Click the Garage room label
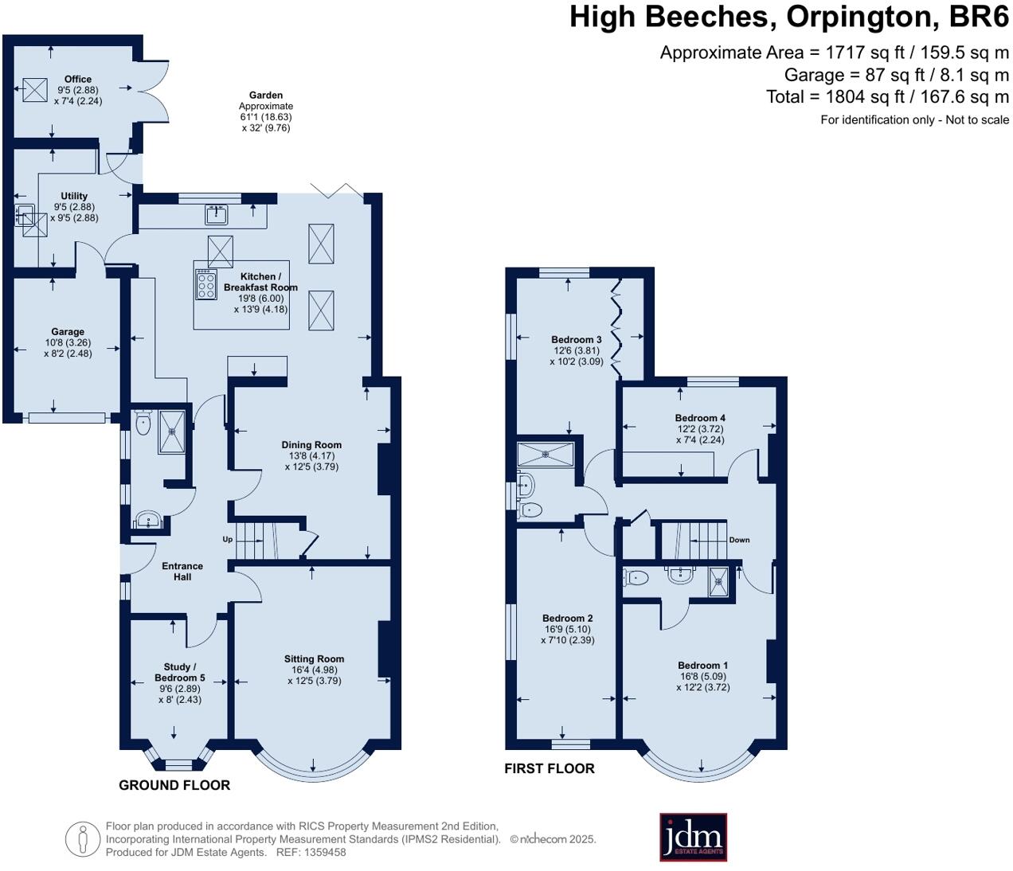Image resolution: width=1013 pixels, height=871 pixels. pyautogui.click(x=68, y=332)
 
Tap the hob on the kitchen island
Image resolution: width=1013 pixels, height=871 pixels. pyautogui.click(x=205, y=284)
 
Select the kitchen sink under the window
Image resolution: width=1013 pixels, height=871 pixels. pyautogui.click(x=217, y=213)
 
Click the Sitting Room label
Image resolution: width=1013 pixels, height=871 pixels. pyautogui.click(x=314, y=659)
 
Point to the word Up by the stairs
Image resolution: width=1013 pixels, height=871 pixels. pyautogui.click(x=227, y=540)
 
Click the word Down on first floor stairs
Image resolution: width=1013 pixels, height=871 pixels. pyautogui.click(x=739, y=540)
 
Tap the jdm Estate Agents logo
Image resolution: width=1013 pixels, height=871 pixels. pyautogui.click(x=693, y=837)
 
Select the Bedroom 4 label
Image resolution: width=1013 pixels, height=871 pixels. pyautogui.click(x=700, y=418)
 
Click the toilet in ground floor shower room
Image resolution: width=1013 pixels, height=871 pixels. pyautogui.click(x=143, y=424)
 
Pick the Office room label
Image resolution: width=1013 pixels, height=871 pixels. pyautogui.click(x=78, y=80)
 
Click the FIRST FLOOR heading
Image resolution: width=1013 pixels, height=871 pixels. pyautogui.click(x=550, y=768)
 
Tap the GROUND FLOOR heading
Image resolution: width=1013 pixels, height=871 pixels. pyautogui.click(x=174, y=785)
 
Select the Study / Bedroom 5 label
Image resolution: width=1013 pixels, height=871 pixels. pyautogui.click(x=179, y=673)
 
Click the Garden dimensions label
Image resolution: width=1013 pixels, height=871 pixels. pyautogui.click(x=265, y=111)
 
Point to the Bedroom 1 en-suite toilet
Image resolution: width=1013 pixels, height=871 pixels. pyautogui.click(x=636, y=579)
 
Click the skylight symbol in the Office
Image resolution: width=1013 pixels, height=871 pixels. pyautogui.click(x=35, y=89)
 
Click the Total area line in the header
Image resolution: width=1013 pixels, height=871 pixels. pyautogui.click(x=887, y=97)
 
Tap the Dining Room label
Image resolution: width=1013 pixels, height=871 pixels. pyautogui.click(x=311, y=446)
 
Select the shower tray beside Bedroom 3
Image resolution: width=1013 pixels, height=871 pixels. pyautogui.click(x=546, y=455)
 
